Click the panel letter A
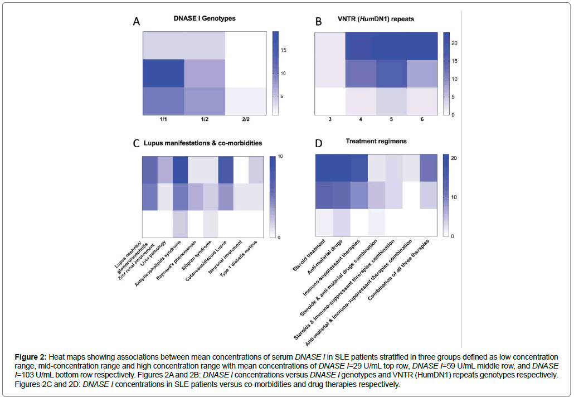pyautogui.click(x=137, y=22)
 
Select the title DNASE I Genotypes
pyautogui.click(x=205, y=18)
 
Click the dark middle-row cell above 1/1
pyautogui.click(x=163, y=73)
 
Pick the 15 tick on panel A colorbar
pyautogui.click(x=284, y=50)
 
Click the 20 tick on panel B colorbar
pyautogui.click(x=454, y=43)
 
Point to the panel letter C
pyautogui.click(x=136, y=144)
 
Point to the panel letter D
pyautogui.click(x=319, y=144)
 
